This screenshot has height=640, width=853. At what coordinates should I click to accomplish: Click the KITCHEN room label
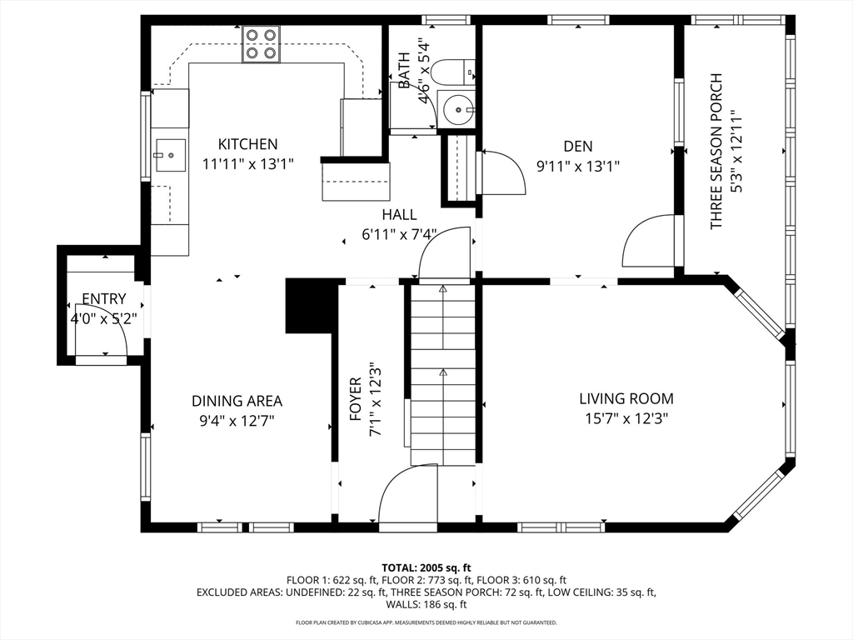point(247,144)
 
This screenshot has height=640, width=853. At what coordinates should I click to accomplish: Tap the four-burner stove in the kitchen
point(261,44)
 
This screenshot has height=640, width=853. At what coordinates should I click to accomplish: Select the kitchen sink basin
point(171,154)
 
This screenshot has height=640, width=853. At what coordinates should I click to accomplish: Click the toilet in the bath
point(452,72)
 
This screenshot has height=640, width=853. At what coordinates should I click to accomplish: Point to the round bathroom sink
point(457,110)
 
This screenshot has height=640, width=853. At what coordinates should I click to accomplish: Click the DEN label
point(578,146)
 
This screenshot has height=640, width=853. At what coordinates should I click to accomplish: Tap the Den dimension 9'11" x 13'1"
point(578,166)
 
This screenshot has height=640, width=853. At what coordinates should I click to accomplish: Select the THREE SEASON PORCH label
point(716,151)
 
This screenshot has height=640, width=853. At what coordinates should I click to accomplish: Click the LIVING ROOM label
point(626,399)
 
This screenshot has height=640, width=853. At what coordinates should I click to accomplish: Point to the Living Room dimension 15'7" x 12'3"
point(626,418)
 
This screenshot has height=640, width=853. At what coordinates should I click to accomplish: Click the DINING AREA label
point(237,401)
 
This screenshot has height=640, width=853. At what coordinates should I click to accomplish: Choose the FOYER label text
point(355,399)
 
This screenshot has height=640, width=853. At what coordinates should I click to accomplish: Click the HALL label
point(399,214)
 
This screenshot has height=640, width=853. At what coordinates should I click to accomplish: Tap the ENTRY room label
point(104,299)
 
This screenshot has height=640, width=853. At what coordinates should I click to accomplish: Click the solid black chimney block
point(308,306)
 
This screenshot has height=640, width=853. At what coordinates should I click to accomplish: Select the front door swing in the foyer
point(408,496)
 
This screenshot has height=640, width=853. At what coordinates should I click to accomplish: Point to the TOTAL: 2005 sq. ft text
point(426,568)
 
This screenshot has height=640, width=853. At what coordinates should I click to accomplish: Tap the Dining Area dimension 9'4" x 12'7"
point(237,421)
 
